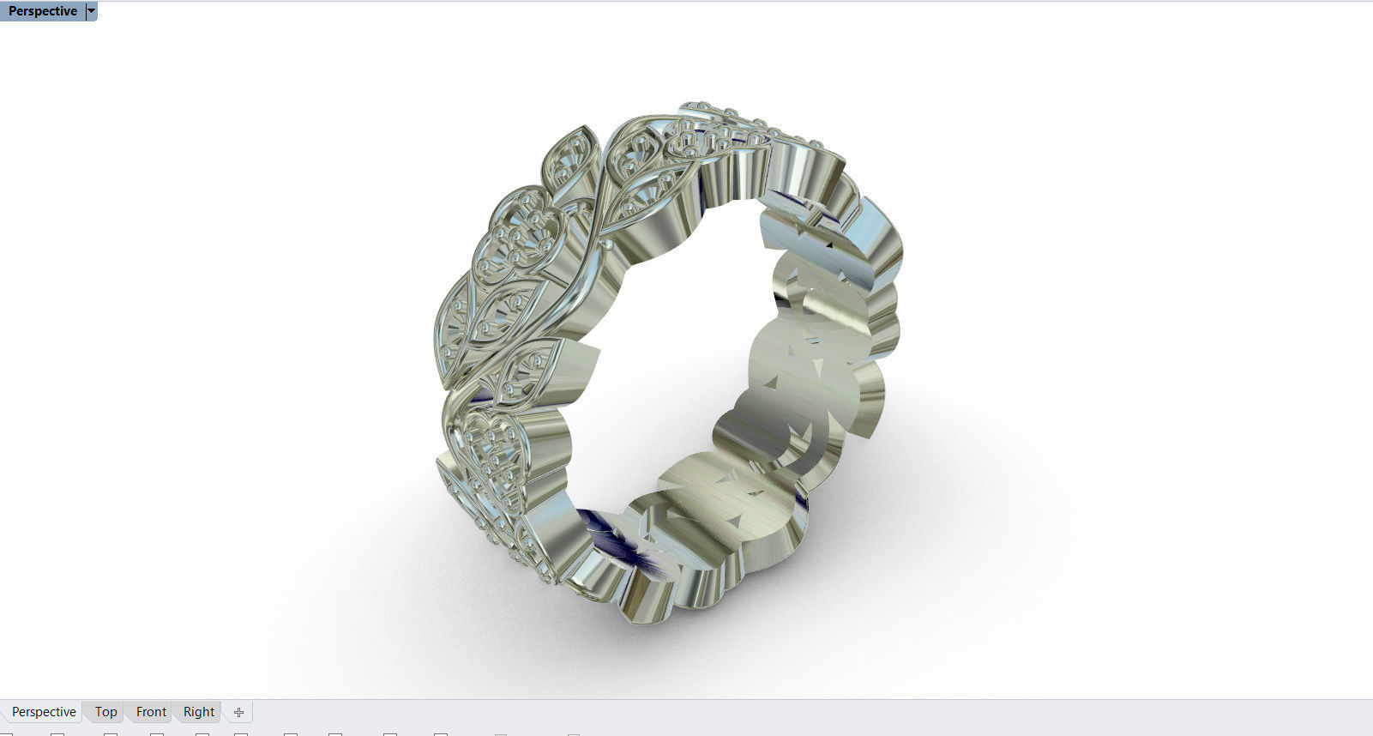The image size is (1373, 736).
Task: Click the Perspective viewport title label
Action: click(42, 11)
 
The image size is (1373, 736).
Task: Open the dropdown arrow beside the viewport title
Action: click(92, 11)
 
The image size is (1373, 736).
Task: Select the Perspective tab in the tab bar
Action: click(44, 712)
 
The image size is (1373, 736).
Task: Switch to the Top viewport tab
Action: click(105, 712)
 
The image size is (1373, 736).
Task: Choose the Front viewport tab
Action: click(151, 712)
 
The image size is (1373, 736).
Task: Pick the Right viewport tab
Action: click(199, 712)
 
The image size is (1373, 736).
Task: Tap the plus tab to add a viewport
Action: click(238, 712)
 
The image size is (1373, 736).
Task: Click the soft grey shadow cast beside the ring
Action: click(943, 515)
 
